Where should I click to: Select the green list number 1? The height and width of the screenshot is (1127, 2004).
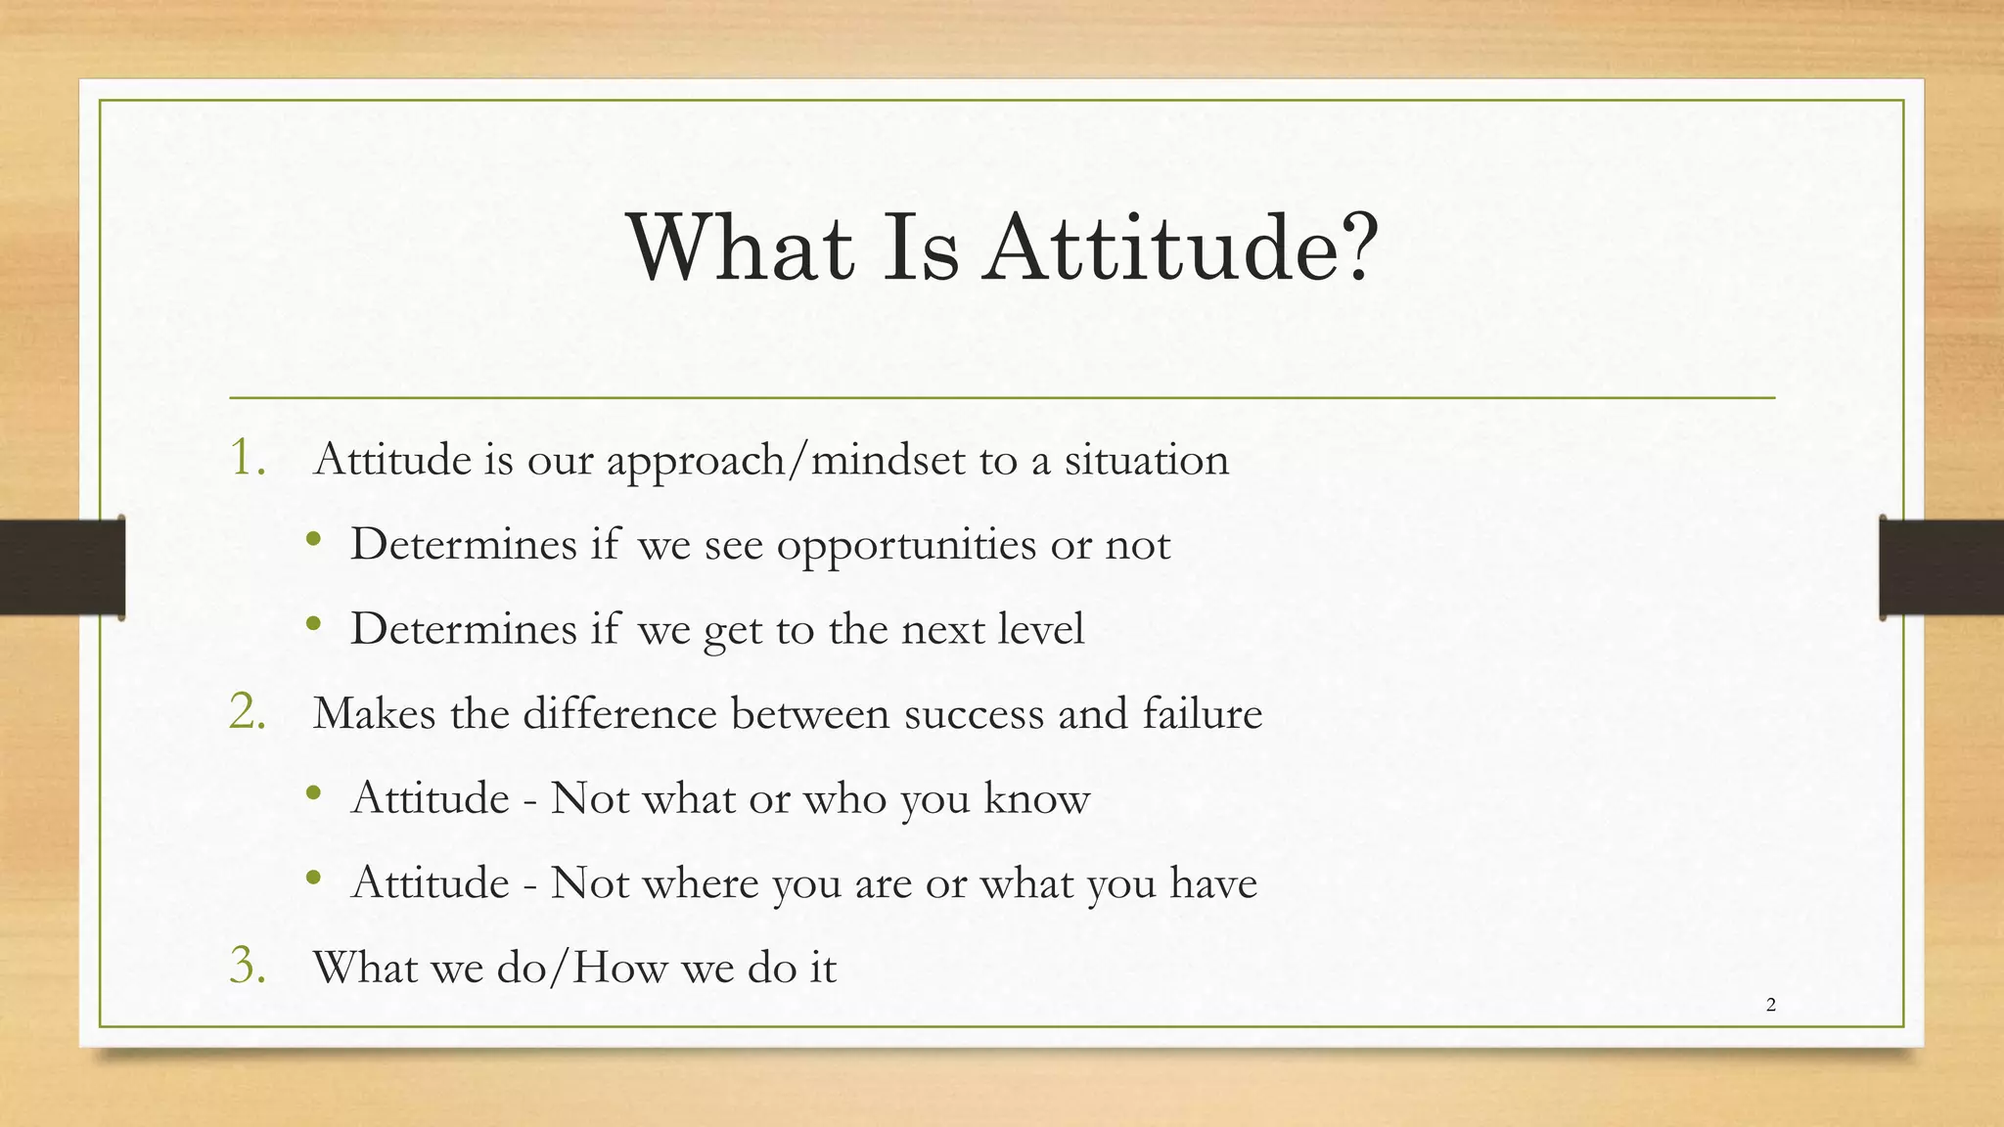[247, 457]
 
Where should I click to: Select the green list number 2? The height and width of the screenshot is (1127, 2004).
[247, 711]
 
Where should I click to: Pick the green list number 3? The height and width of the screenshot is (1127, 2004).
[247, 966]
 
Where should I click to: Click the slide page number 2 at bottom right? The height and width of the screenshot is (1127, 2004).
[1771, 1005]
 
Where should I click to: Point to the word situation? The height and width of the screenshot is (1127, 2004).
[1146, 459]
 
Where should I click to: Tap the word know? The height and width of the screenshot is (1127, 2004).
[1036, 798]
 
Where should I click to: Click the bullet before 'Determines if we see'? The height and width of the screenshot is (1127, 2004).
[312, 541]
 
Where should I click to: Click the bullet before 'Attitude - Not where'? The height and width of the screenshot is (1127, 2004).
[312, 879]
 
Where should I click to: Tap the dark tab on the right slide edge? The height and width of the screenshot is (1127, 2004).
[1940, 567]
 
